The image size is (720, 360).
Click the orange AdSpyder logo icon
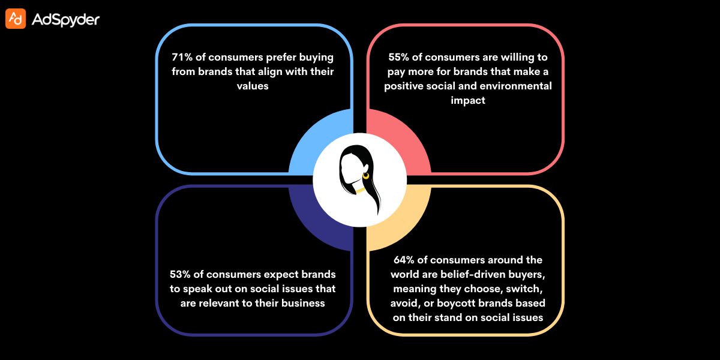(16, 19)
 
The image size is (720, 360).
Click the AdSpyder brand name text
(65, 20)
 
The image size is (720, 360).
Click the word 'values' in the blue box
(253, 86)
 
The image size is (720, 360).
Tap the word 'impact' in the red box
(468, 101)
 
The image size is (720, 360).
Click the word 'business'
(304, 303)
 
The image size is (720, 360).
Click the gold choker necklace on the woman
(360, 191)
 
